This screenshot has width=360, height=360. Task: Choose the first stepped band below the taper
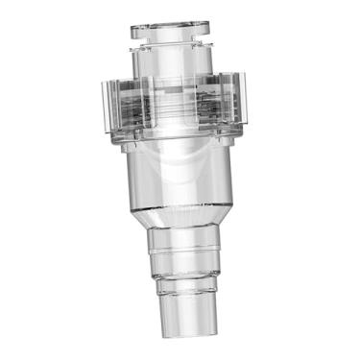(x=191, y=252)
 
